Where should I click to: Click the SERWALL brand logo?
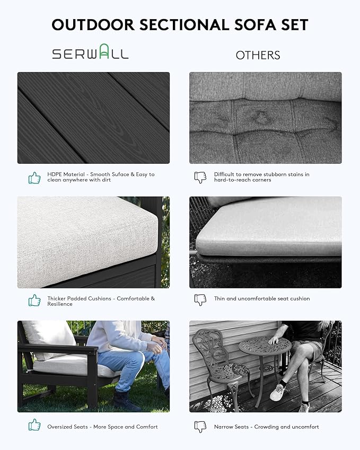(90, 54)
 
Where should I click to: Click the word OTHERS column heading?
(258, 55)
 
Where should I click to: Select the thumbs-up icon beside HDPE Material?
(34, 178)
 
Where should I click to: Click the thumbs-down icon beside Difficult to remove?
(200, 178)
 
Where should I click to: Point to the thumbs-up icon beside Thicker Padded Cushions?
(34, 301)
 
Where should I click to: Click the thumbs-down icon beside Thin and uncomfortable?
(200, 299)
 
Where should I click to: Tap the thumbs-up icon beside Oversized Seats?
(34, 425)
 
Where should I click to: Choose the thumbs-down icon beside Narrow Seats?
(200, 427)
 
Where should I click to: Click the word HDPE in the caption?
(54, 174)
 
